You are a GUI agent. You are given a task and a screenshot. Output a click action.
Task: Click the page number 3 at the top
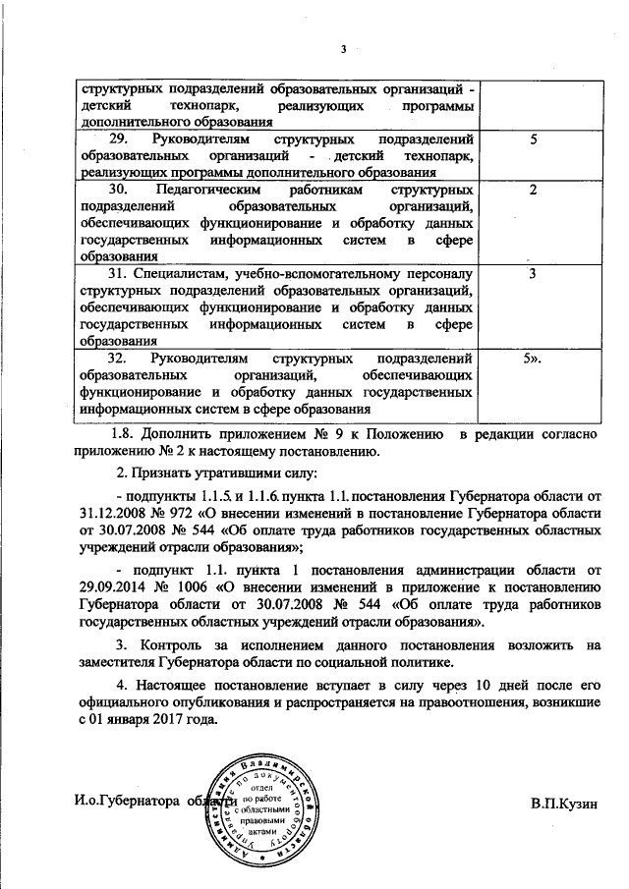point(344,49)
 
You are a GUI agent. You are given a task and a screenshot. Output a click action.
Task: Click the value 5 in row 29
point(533,140)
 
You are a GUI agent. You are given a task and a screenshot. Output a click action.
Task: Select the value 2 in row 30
point(533,189)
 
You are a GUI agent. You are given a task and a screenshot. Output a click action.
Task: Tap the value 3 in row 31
point(532,272)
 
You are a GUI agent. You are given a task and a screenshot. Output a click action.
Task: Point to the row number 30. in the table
point(120,189)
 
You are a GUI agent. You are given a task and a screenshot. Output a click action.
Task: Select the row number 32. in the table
point(120,361)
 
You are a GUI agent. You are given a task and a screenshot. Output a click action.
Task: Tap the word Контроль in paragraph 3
point(174,645)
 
